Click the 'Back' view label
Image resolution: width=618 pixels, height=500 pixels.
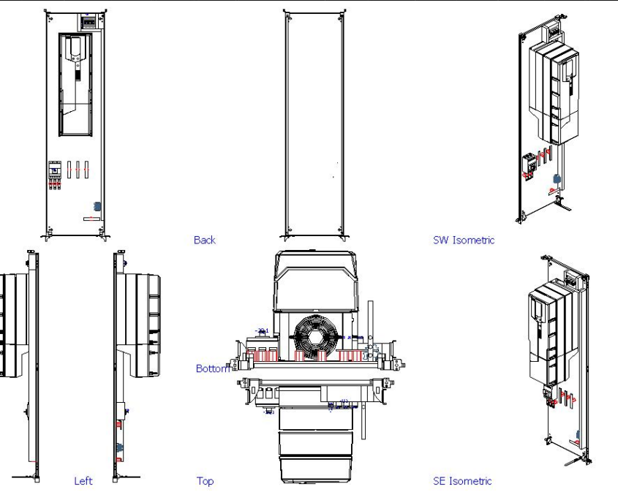[x=205, y=240]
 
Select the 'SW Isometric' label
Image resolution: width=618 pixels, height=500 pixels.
[x=464, y=240]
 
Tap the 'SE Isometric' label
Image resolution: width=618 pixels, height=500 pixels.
[x=463, y=481]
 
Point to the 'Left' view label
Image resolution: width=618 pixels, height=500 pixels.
[x=83, y=481]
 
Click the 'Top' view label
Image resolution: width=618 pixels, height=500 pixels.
[x=205, y=481]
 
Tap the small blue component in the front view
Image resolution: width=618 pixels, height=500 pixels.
[x=97, y=206]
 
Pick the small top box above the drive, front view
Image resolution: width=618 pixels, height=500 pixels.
[x=88, y=22]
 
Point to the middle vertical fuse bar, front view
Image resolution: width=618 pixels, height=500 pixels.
[x=77, y=170]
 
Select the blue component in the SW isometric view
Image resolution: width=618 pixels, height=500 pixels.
[x=558, y=178]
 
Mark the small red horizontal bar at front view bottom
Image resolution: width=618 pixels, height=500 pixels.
[x=91, y=218]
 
